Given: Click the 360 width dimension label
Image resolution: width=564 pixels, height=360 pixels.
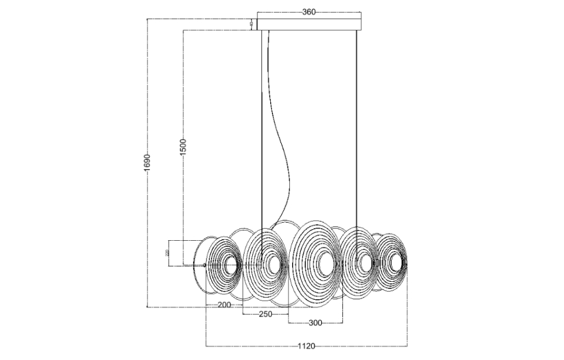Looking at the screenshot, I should pyautogui.click(x=309, y=12).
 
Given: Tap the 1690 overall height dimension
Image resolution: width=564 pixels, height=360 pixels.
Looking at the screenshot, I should pyautogui.click(x=148, y=163).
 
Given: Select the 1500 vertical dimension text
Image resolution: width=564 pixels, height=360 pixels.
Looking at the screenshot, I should pyautogui.click(x=182, y=146).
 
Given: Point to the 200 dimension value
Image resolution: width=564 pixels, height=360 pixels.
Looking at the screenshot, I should pyautogui.click(x=224, y=305).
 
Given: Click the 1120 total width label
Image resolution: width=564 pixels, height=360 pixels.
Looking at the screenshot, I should pyautogui.click(x=306, y=346).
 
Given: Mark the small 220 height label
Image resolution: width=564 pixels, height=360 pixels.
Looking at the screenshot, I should pyautogui.click(x=167, y=253).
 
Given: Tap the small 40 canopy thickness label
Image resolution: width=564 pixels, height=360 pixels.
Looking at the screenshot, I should pyautogui.click(x=251, y=24).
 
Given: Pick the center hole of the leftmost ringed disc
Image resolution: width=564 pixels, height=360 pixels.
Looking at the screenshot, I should pyautogui.click(x=228, y=265).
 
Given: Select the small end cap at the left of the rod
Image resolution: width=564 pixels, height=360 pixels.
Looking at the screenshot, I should pyautogui.click(x=205, y=266).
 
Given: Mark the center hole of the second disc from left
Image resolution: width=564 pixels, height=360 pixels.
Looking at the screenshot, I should pyautogui.click(x=272, y=264).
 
